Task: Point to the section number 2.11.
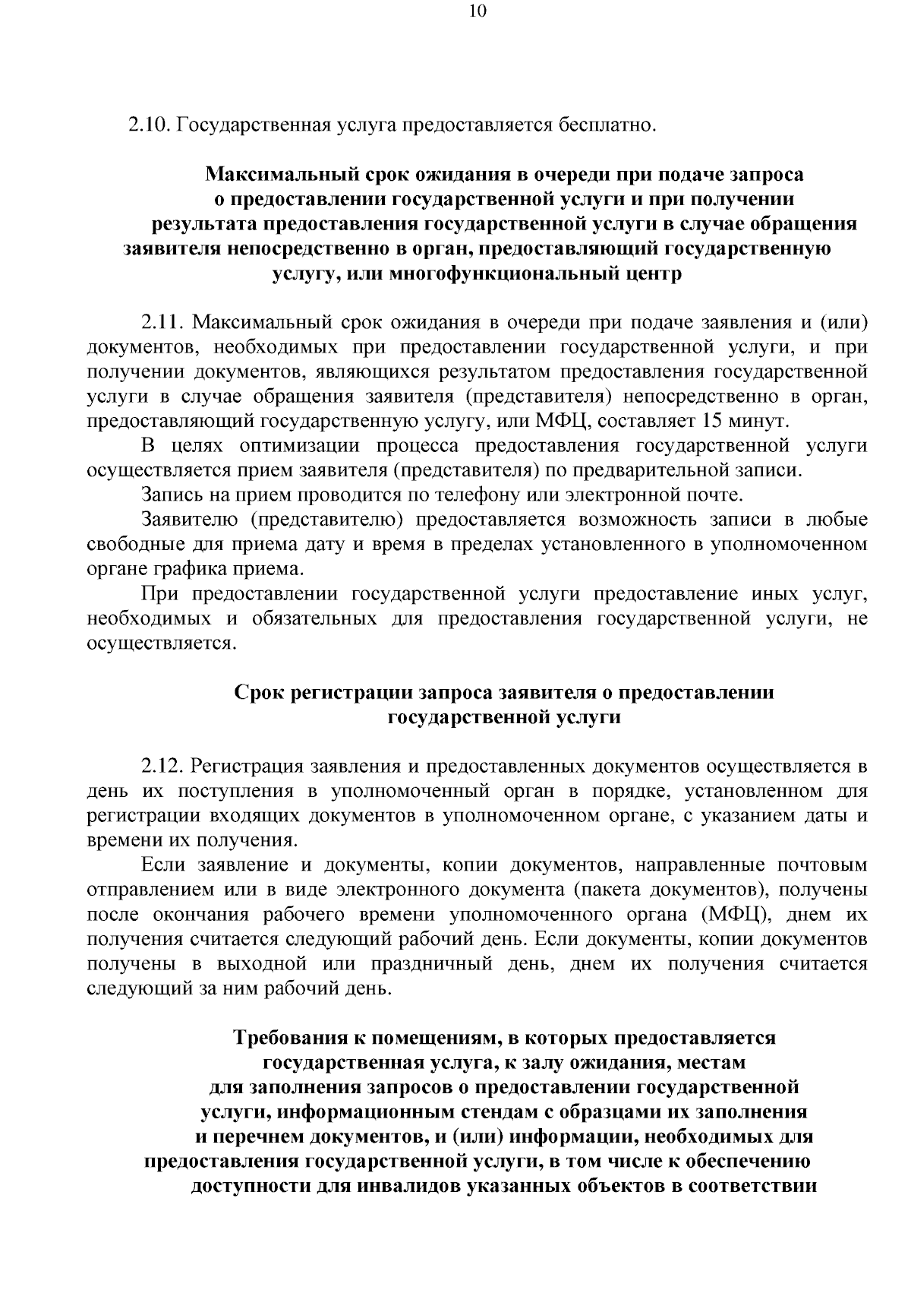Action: (163, 323)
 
